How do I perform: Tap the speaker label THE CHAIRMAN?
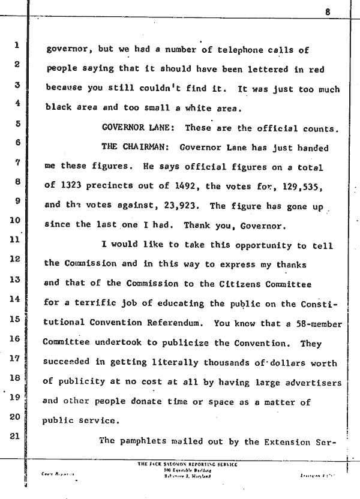(x=136, y=146)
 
